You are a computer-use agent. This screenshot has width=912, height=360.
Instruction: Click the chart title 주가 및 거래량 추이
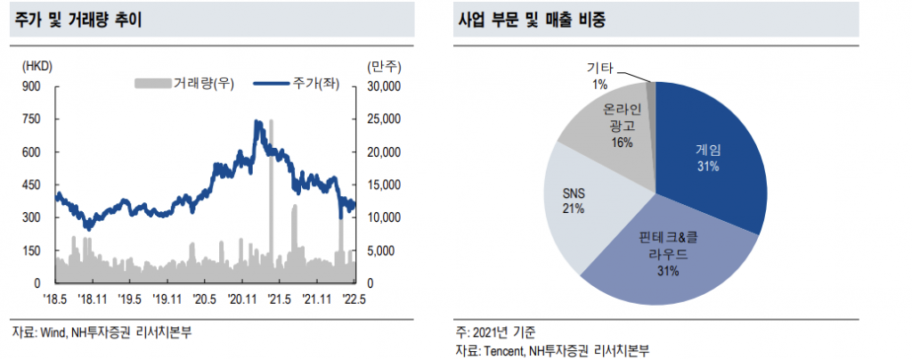(77, 20)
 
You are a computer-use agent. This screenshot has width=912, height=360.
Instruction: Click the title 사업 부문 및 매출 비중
(532, 20)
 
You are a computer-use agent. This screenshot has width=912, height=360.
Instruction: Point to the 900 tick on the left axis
(31, 86)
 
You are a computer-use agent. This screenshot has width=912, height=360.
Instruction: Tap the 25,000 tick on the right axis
(385, 119)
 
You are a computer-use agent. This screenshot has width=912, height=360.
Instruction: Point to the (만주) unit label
(383, 66)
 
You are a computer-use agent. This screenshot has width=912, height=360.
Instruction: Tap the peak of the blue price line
(257, 122)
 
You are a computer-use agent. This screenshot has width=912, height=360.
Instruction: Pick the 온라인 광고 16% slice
(615, 125)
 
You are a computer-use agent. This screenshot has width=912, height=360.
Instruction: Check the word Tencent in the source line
(505, 349)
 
